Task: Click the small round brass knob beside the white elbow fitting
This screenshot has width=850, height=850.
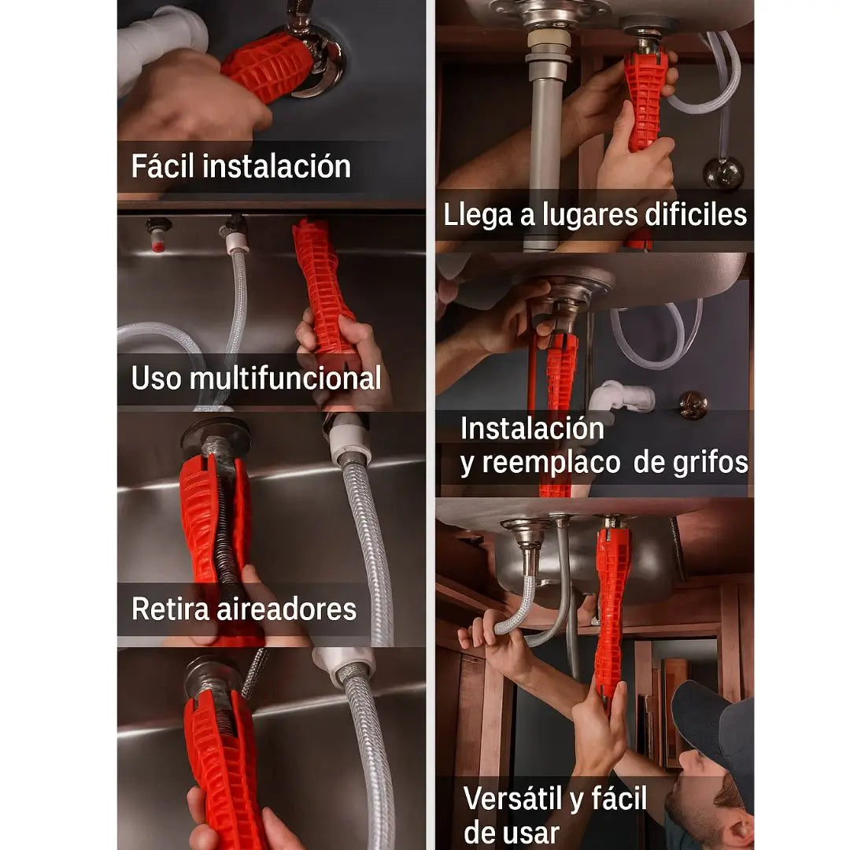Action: point(693,405)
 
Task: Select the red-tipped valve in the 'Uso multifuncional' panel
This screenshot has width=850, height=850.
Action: point(158,235)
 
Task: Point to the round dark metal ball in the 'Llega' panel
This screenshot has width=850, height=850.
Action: point(723,173)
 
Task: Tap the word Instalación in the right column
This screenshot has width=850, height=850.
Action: point(532,429)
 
